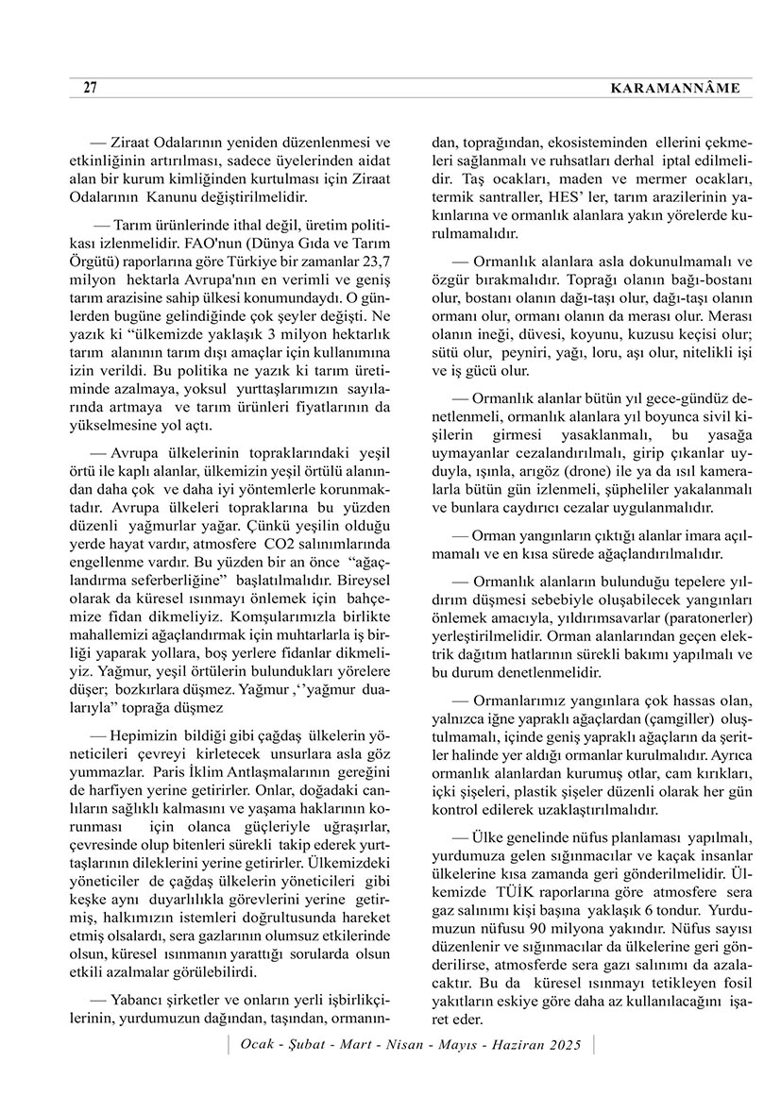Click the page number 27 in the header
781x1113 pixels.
click(90, 88)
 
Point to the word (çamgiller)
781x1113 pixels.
click(664, 717)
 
